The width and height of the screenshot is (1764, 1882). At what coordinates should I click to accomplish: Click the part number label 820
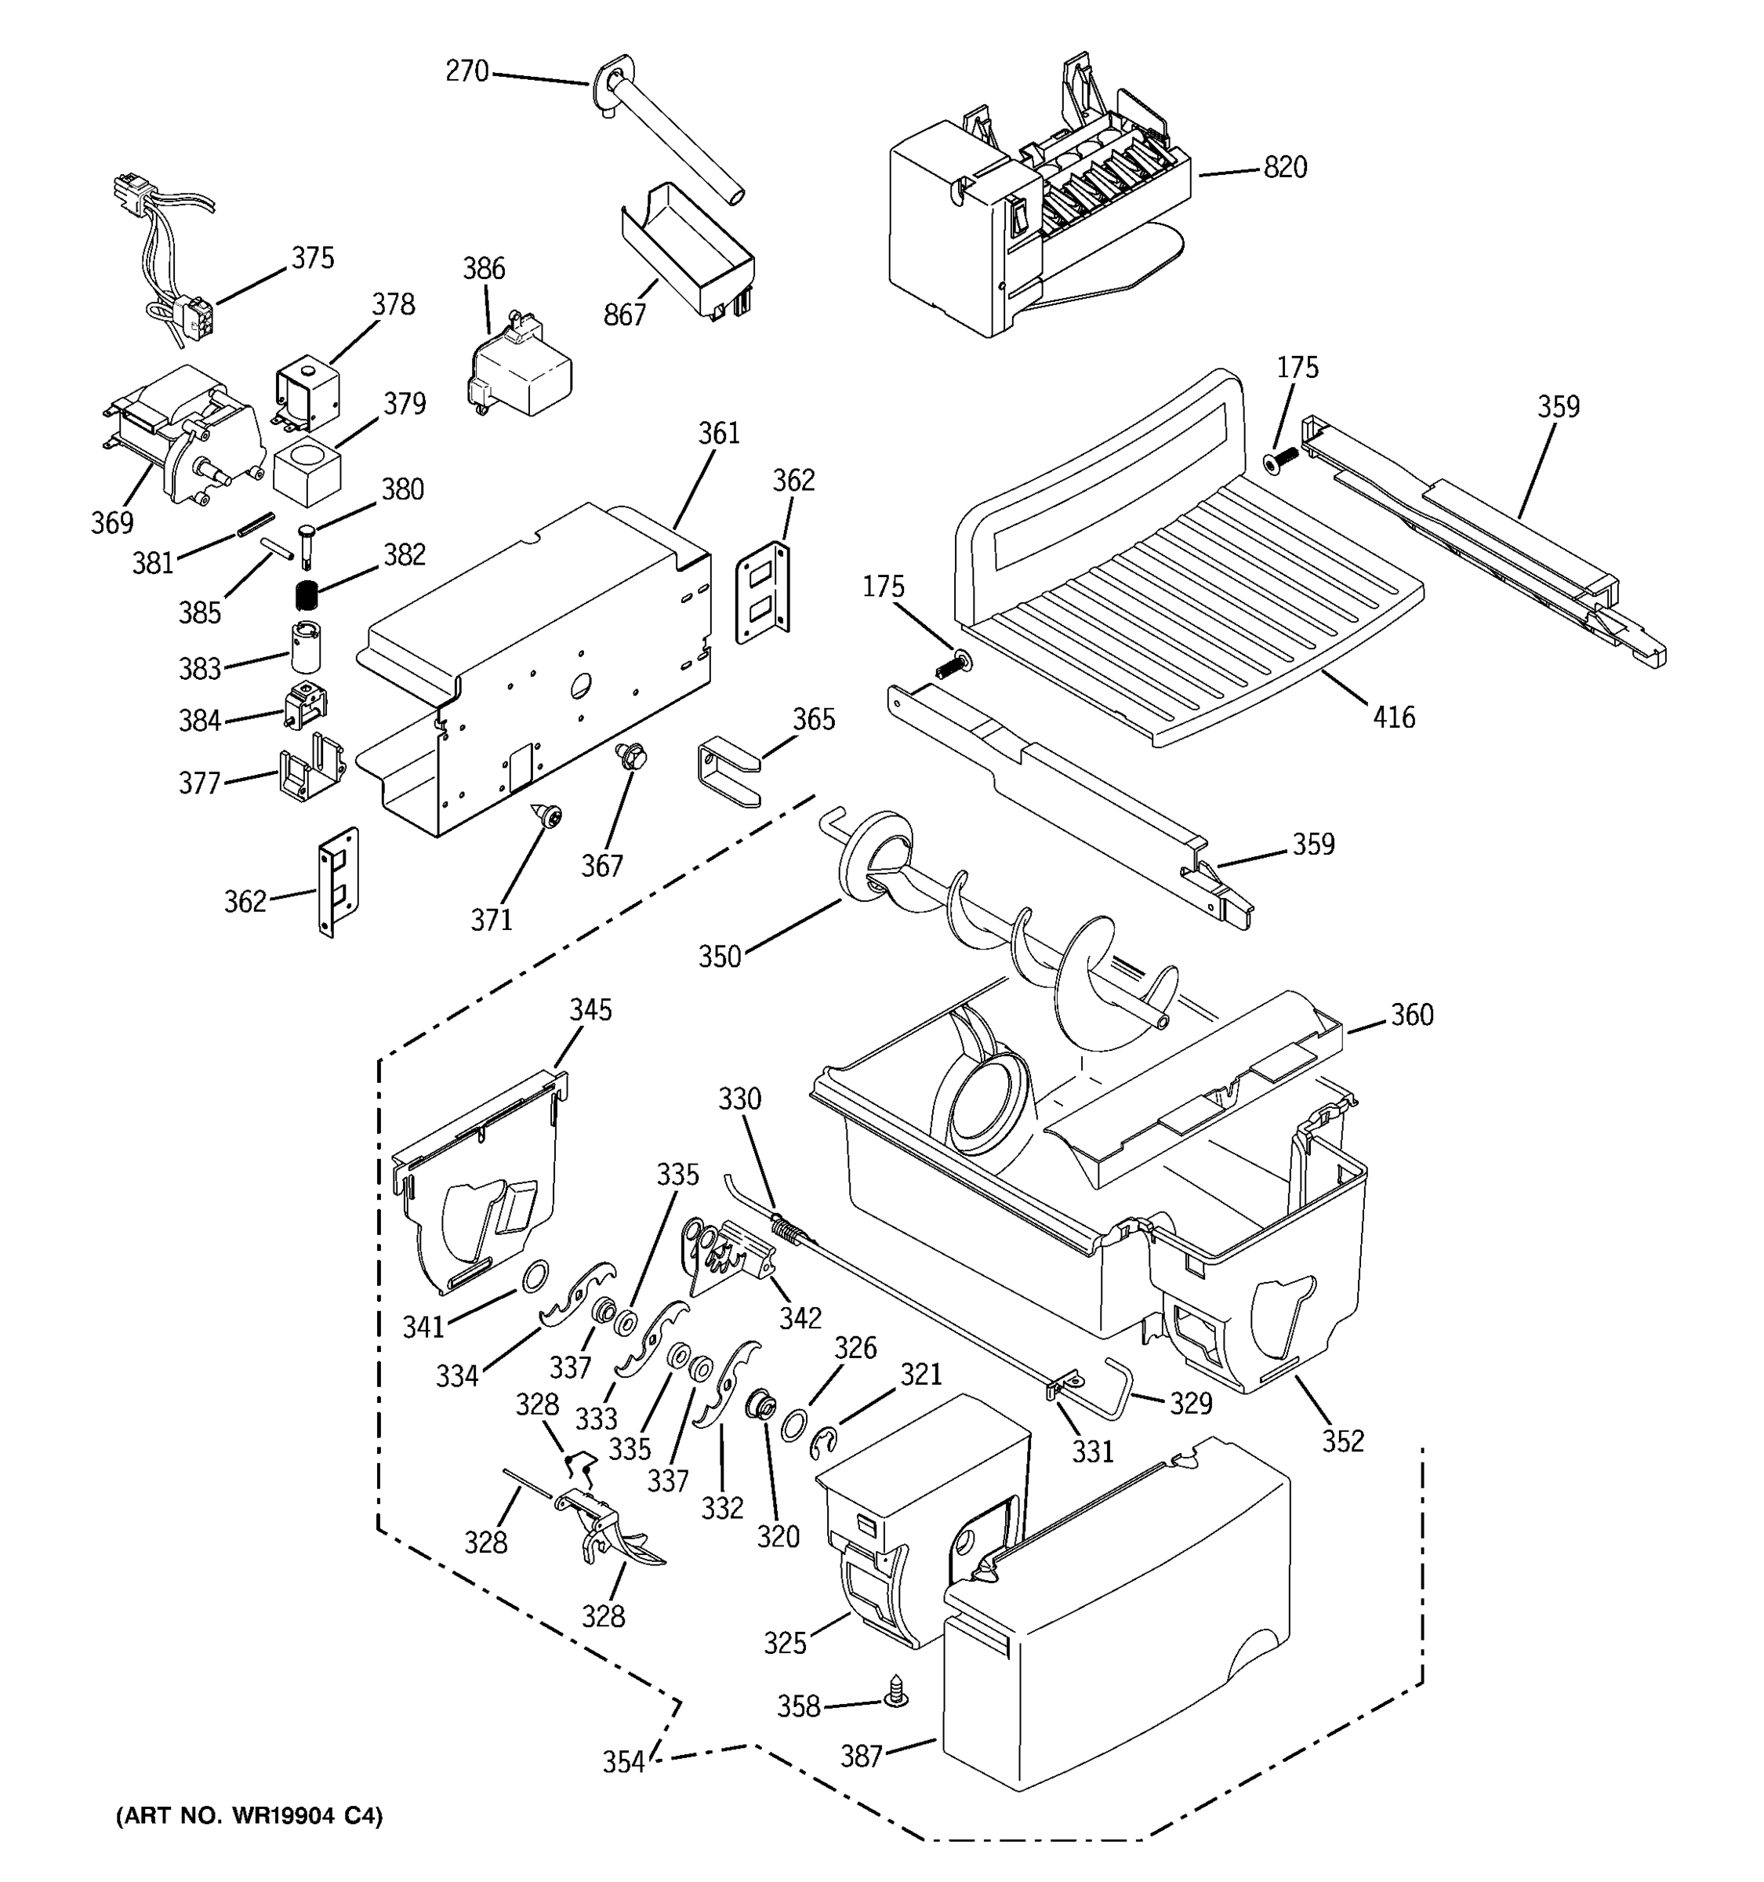pos(1285,168)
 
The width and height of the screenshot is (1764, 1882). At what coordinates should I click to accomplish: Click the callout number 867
pos(625,314)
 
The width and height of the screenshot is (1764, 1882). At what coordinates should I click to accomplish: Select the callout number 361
pos(719,434)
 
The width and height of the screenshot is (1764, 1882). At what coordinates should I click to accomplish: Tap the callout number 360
pos(1411,1015)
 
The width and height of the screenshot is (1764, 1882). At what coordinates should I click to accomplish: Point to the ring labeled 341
pos(533,1276)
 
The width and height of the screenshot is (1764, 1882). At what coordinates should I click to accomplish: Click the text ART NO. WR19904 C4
pos(249,1815)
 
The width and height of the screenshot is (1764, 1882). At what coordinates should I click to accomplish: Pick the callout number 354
pos(623,1762)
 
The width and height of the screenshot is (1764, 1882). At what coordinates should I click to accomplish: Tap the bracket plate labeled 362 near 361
pos(763,593)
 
